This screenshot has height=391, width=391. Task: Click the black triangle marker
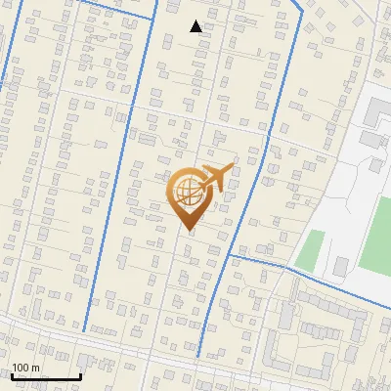pyautogui.click(x=196, y=26)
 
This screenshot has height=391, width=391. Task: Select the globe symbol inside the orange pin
pyautogui.click(x=188, y=192)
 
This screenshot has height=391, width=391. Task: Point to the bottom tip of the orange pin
pyautogui.click(x=188, y=231)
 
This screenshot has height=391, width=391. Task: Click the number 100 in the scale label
pyautogui.click(x=21, y=368)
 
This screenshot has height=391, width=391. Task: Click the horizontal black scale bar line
pyautogui.click(x=46, y=377)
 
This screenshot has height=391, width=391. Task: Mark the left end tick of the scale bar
pyautogui.click(x=12, y=375)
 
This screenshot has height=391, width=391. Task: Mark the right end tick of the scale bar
pyautogui.click(x=80, y=375)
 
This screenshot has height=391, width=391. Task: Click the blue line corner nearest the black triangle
pyautogui.click(x=155, y=16)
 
